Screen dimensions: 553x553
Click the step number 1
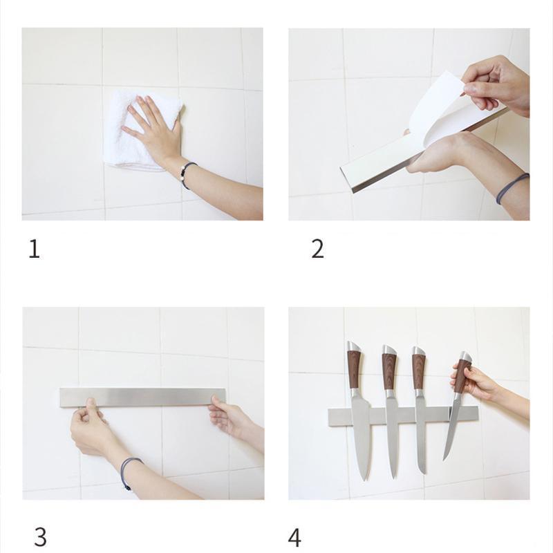[34, 249]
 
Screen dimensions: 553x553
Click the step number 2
[317, 249]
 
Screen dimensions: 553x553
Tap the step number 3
[40, 536]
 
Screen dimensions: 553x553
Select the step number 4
[295, 536]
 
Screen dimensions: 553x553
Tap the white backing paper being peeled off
[435, 104]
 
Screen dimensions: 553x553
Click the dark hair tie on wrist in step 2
[512, 188]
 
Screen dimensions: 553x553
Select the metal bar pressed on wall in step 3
[142, 397]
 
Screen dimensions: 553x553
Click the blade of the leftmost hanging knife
[361, 435]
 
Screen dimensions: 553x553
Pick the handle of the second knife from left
[389, 370]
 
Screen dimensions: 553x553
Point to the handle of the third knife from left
[418, 370]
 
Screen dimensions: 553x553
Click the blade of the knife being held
[452, 425]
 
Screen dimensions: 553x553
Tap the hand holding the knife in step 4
[477, 382]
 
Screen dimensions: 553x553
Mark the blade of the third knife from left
[421, 435]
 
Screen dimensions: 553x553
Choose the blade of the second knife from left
[392, 439]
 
